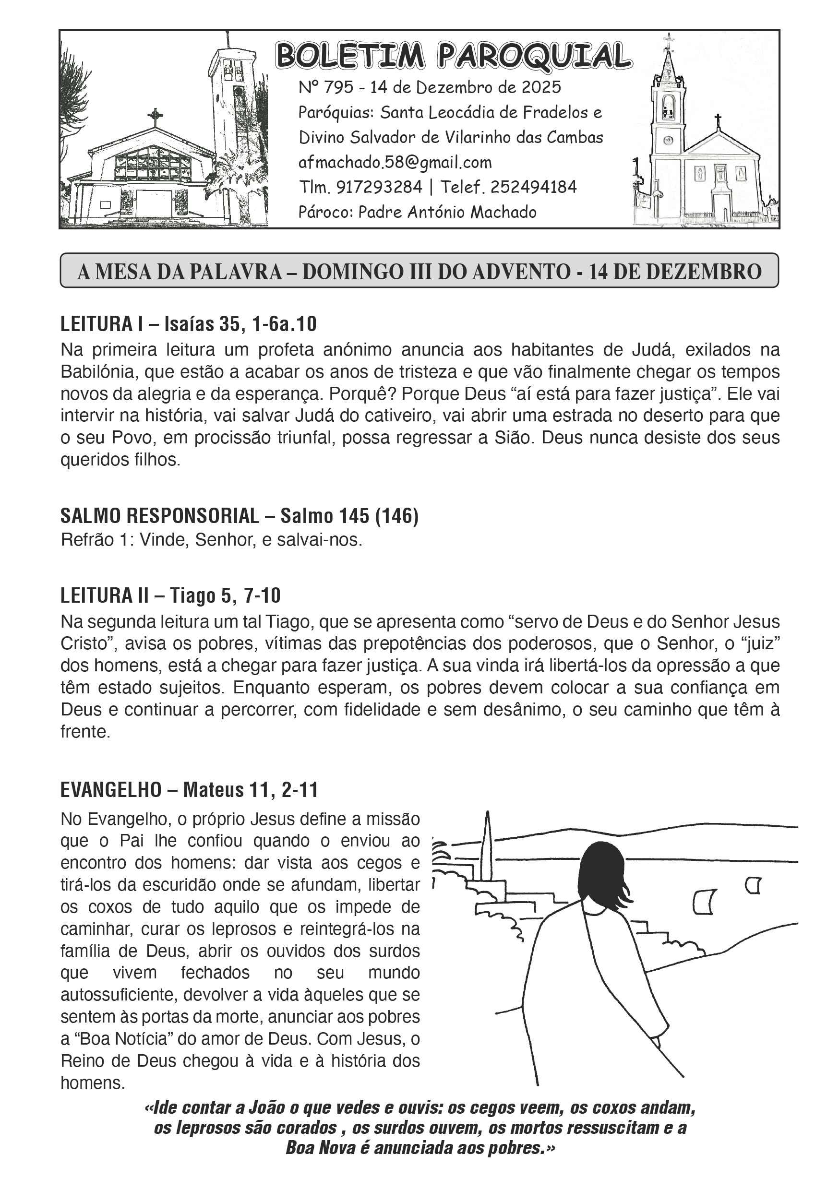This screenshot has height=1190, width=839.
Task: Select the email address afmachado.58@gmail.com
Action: pyautogui.click(x=395, y=163)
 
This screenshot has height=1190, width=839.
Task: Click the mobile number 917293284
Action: pyautogui.click(x=379, y=187)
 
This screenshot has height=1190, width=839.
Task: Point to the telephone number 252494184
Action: pyautogui.click(x=533, y=187)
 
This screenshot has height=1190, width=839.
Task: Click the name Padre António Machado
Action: pyautogui.click(x=447, y=212)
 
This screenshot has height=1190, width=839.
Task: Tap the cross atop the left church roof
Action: pyautogui.click(x=155, y=116)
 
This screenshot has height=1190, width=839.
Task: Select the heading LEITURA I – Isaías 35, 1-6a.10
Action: pyautogui.click(x=188, y=324)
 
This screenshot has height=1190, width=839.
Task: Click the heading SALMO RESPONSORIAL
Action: pyautogui.click(x=160, y=516)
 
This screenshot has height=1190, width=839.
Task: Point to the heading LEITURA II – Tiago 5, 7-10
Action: pyautogui.click(x=170, y=595)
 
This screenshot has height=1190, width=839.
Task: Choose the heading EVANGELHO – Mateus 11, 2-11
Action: pyautogui.click(x=189, y=789)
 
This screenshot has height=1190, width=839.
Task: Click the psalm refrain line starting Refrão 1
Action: pyautogui.click(x=211, y=540)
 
